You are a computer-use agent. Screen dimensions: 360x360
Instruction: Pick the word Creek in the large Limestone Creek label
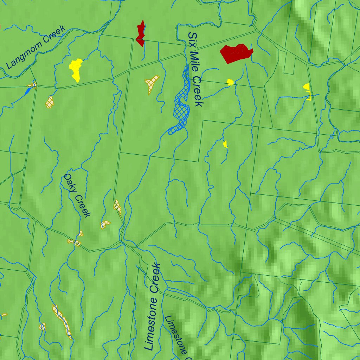pyautogui.click(x=156, y=278)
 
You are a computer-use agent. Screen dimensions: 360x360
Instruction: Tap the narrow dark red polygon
pyautogui.click(x=141, y=33)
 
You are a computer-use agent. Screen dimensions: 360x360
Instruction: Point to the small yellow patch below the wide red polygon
pyautogui.click(x=230, y=82)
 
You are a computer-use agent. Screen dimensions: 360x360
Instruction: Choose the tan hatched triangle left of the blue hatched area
pyautogui.click(x=152, y=84)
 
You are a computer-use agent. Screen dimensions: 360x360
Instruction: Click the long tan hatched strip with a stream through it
pyautogui.click(x=62, y=321)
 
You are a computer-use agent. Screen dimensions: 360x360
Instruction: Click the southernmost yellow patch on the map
pyautogui.click(x=225, y=144)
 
